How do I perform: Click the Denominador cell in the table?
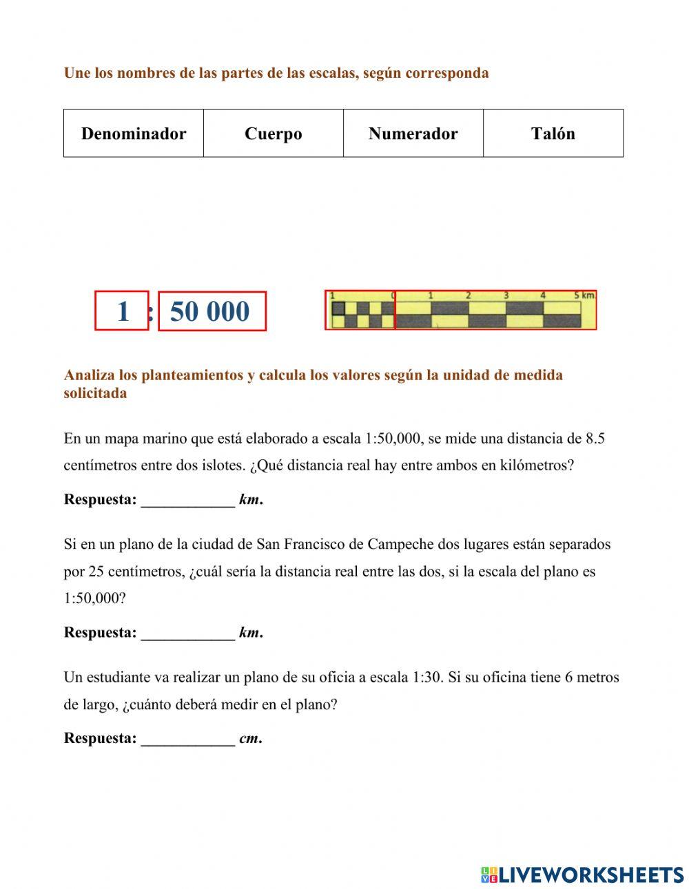click(134, 134)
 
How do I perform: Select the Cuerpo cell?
click(274, 134)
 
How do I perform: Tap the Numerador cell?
click(413, 134)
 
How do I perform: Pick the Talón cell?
click(553, 134)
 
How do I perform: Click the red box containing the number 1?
click(122, 311)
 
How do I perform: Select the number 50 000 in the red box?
click(211, 312)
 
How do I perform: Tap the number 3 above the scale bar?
click(506, 295)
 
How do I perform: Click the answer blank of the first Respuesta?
click(187, 501)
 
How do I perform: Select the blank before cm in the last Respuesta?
click(187, 740)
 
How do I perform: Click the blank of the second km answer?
click(187, 634)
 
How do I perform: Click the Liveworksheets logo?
click(582, 875)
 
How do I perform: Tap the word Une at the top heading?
click(76, 73)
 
